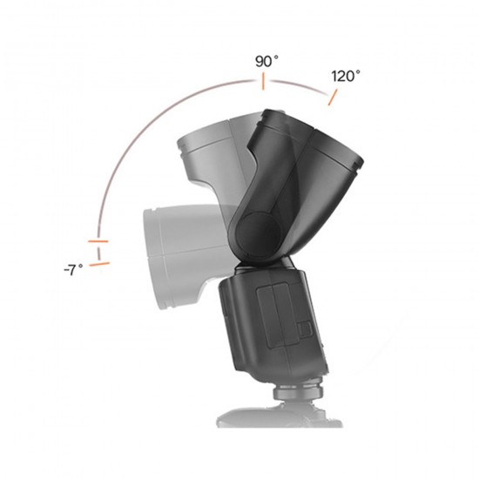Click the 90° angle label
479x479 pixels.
pos(266,62)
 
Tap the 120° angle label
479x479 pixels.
pos(346,76)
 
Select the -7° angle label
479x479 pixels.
pos(73,270)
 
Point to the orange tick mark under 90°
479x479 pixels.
pos(260,83)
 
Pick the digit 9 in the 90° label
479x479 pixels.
pos(260,63)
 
